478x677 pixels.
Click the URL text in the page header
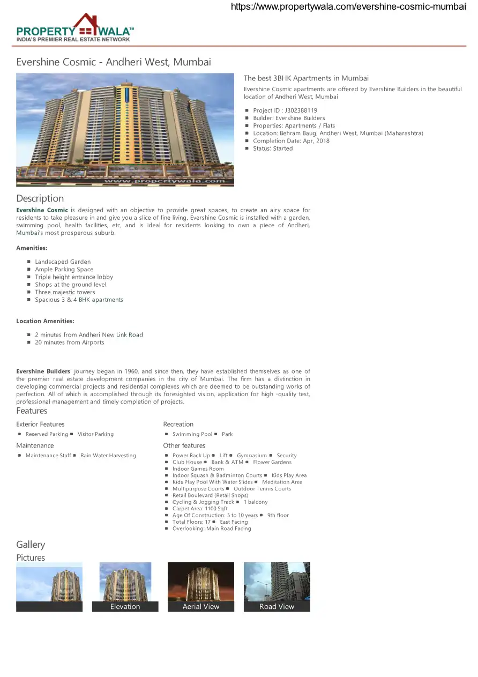pos(348,7)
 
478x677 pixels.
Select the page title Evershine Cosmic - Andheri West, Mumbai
pos(114,62)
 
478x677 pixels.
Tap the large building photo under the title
pos(125,129)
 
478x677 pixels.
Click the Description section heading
pos(40,198)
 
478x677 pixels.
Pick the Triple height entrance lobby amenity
pos(74,277)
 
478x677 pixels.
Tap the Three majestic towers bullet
pos(65,292)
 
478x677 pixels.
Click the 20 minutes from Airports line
pos(70,343)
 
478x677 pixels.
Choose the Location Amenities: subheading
pos(45,321)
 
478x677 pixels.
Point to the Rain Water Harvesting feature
pos(108,456)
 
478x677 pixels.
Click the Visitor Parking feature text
pos(95,434)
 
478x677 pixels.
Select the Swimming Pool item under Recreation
pos(192,434)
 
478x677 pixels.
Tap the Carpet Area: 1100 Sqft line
pos(200,509)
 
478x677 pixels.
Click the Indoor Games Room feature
pos(198,469)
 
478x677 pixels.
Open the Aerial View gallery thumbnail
pos(201,586)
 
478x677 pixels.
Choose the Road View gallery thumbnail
pos(277,586)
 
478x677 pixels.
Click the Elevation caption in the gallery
pos(125,607)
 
